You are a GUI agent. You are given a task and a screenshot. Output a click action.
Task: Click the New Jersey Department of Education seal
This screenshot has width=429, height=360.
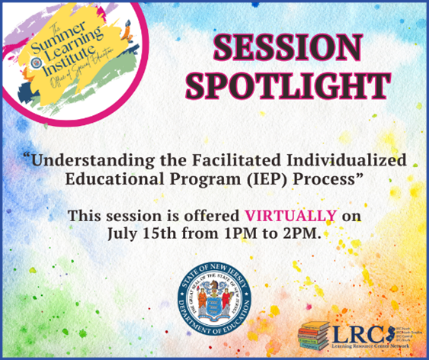pos(214,294)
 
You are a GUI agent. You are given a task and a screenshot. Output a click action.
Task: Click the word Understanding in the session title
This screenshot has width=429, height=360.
pos(83,162)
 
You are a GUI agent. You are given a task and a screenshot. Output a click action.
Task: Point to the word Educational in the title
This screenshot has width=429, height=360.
pos(121,181)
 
